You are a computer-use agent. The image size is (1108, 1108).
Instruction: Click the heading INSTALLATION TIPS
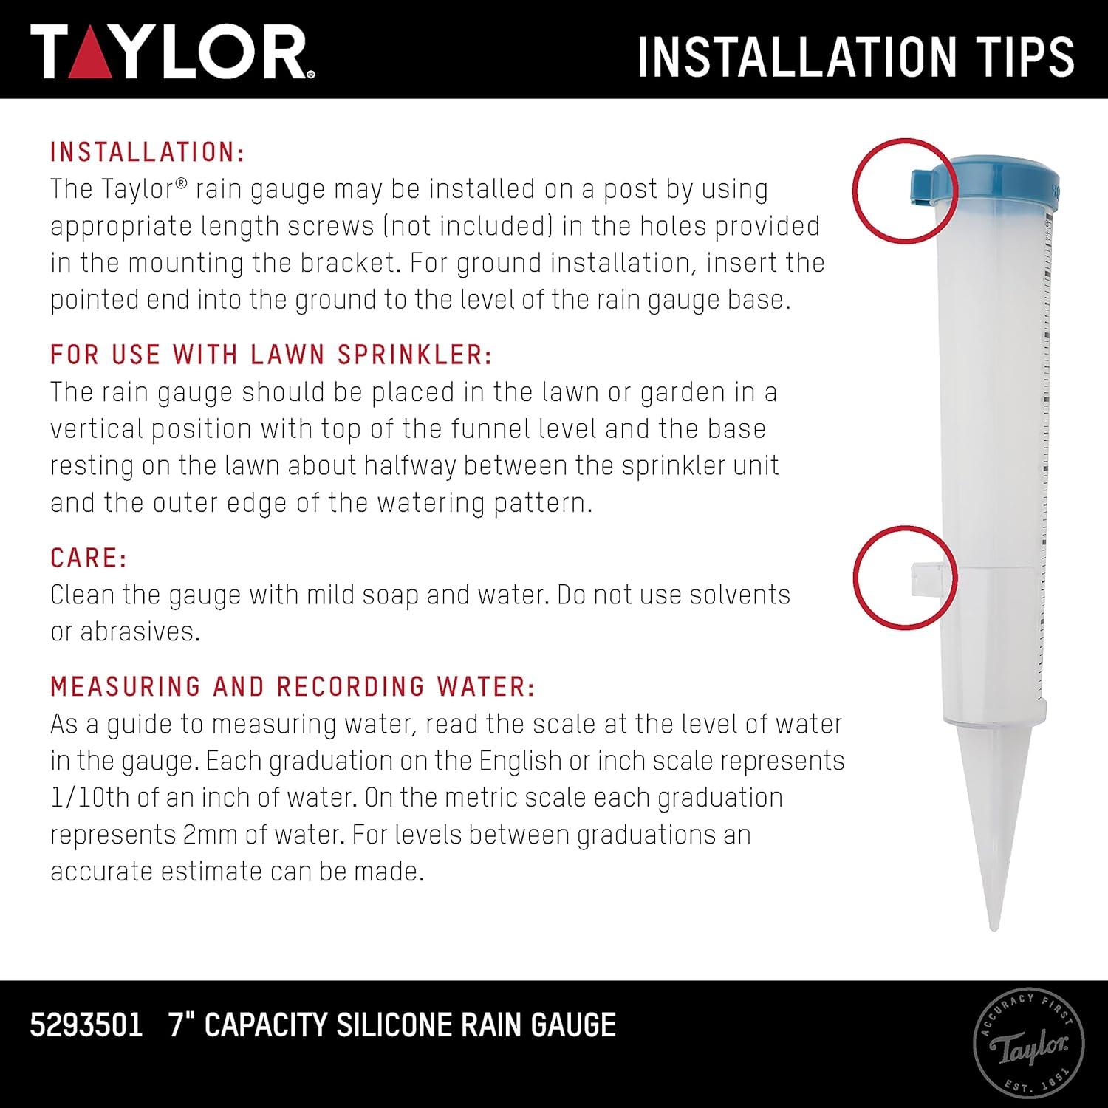point(855,56)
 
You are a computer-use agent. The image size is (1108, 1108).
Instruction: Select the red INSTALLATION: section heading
point(147,152)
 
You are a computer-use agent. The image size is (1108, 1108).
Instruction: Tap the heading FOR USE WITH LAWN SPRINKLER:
point(271,355)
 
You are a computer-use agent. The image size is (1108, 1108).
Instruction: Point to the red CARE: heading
point(89,558)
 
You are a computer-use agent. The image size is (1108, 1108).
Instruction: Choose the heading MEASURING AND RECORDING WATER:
point(293,686)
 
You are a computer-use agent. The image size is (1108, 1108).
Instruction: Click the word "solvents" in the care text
point(742,595)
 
